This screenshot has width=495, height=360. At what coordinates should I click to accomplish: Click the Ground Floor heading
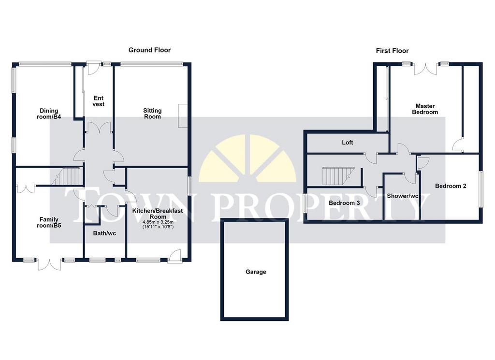coord(149,50)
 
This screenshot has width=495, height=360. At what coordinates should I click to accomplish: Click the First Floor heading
coord(392,51)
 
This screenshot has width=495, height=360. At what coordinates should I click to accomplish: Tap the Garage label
coord(256,272)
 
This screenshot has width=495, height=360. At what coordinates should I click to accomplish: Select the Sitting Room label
coord(152,114)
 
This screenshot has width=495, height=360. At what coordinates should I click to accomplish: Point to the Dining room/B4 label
coord(49,114)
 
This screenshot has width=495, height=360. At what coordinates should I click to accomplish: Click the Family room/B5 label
coord(49,222)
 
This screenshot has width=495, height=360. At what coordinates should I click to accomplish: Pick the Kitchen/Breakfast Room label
coord(158,214)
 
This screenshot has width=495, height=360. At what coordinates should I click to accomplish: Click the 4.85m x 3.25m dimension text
coord(158,222)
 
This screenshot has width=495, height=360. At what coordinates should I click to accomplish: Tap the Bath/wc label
coord(104,233)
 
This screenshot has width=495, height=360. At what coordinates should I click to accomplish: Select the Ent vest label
coord(99,101)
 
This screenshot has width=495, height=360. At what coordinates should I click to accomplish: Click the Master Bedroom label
coord(425,109)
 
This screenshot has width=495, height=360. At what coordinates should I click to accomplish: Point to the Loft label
coord(347,143)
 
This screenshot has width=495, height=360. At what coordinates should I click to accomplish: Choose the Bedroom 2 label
coord(451,186)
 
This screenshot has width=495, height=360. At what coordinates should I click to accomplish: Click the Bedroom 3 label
coord(344,203)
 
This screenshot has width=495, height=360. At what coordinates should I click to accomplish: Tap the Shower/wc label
coord(403,196)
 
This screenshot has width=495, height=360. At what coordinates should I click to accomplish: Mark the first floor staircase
coord(338,176)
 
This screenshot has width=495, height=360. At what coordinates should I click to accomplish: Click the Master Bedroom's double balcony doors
coord(425,69)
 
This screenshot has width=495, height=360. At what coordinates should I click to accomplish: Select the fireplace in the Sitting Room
coord(183,116)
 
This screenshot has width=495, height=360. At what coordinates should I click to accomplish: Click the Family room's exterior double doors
coord(49,264)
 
